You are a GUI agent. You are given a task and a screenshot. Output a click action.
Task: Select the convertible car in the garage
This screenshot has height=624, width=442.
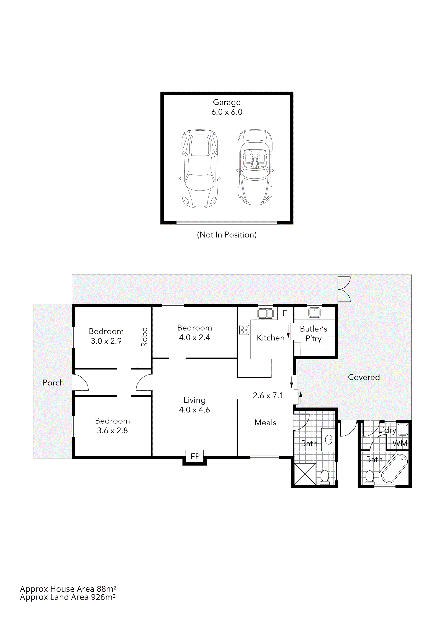(x=255, y=167)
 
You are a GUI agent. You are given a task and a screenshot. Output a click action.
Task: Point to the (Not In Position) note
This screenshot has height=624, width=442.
(x=227, y=235)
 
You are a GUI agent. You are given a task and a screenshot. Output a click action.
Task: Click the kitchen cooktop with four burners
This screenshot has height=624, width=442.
(x=244, y=330)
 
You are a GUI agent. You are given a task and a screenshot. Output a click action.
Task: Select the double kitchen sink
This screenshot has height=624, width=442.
(x=265, y=313)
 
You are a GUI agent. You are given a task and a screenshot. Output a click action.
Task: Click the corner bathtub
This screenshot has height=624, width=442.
(x=394, y=468)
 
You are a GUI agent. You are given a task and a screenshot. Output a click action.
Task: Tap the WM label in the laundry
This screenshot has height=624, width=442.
(x=400, y=443)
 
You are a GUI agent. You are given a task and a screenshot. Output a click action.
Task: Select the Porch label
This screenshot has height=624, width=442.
(x=53, y=383)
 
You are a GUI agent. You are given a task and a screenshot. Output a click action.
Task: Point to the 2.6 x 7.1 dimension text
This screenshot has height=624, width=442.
(x=268, y=395)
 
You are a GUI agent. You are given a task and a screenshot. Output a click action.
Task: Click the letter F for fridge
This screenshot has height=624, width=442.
(x=285, y=313)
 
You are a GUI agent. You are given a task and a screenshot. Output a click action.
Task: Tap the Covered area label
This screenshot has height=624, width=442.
(x=364, y=377)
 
